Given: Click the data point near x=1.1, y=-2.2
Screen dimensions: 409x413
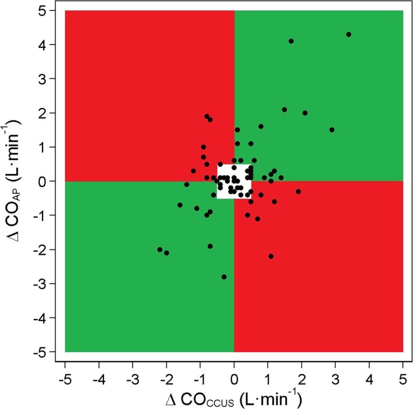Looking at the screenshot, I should pyautogui.click(x=271, y=256).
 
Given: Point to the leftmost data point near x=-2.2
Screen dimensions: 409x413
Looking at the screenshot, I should pyautogui.click(x=160, y=249).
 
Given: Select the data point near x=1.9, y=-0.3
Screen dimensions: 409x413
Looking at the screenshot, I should pyautogui.click(x=298, y=191).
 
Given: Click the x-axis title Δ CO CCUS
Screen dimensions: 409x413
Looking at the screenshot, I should pyautogui.click(x=234, y=397).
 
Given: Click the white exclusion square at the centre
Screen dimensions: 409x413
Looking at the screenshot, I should pyautogui.click(x=234, y=181).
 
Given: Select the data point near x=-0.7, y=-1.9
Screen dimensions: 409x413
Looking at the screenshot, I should pyautogui.click(x=210, y=246).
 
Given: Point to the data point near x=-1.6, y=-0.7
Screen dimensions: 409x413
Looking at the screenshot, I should pyautogui.click(x=180, y=205).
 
